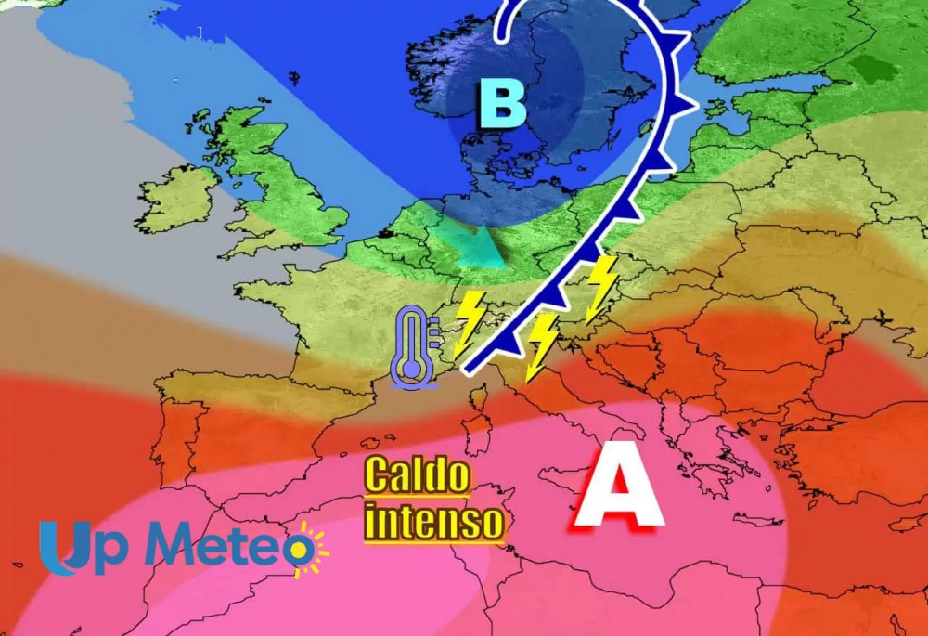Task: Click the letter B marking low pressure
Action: pyautogui.click(x=503, y=104)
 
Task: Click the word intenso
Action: pyautogui.click(x=434, y=520)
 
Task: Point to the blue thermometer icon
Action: pyautogui.click(x=412, y=345)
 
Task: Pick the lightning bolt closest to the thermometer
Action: pyautogui.click(x=470, y=319)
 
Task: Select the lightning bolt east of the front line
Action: pyautogui.click(x=602, y=287)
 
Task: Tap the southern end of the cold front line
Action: pyautogui.click(x=464, y=364)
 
